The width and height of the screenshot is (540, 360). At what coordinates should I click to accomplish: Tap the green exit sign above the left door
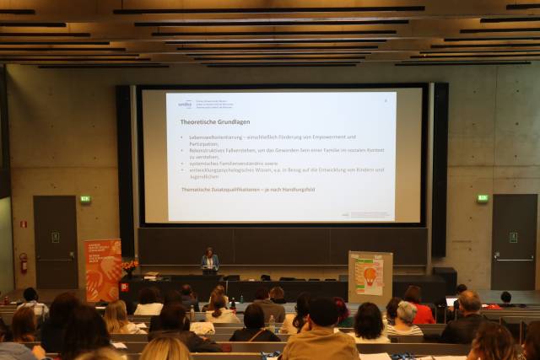[84, 199]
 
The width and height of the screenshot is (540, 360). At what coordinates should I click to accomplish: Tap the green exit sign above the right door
[482, 198]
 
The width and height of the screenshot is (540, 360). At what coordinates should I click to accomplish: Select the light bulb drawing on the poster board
[370, 276]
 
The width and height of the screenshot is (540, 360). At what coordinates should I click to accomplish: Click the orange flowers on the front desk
[130, 265]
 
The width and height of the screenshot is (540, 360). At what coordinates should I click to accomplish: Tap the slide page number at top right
[385, 99]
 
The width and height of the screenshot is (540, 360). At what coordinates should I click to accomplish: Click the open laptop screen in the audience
[452, 301]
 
